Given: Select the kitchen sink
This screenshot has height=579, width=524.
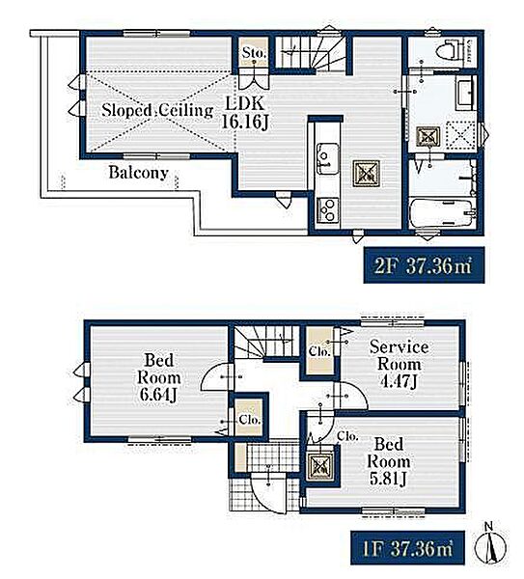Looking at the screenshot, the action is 327,159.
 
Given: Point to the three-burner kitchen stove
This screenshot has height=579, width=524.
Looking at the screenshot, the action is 327,210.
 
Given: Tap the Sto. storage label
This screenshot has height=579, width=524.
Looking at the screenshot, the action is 254,53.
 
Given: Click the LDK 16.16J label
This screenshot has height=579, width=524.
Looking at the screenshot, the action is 244,113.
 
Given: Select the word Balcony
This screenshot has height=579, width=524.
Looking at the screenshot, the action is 138,173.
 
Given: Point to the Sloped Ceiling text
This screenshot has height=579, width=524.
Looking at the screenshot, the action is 157,110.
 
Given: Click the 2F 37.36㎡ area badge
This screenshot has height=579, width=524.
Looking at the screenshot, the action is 424,264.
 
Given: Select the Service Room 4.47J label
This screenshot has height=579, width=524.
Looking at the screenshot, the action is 399,365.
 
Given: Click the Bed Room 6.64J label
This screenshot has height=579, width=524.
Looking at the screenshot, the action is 159,377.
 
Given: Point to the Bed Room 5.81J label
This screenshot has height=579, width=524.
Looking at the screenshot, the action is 388,461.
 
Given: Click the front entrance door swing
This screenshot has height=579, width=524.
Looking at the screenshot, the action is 268,493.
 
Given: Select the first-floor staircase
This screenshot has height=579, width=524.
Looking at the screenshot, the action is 266,342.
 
